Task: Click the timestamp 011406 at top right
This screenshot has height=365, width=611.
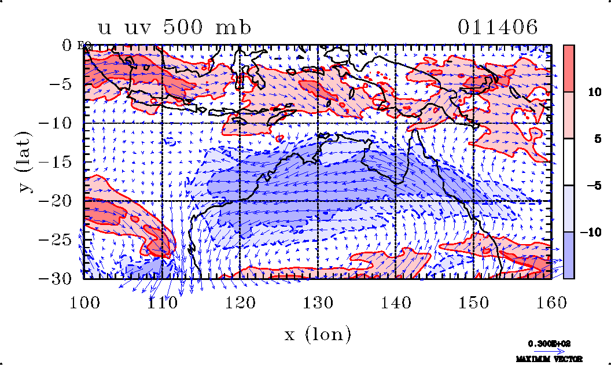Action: pyautogui.click(x=498, y=27)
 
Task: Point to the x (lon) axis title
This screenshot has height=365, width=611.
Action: pyautogui.click(x=318, y=334)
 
